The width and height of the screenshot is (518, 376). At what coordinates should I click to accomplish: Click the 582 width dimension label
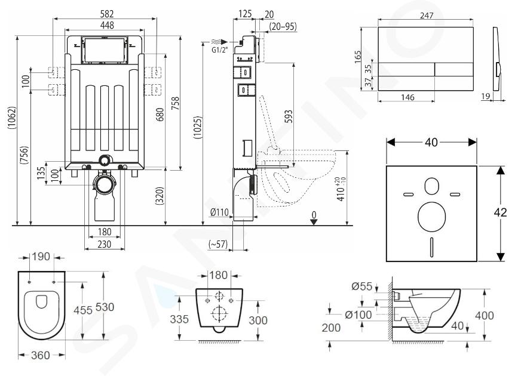(107, 14)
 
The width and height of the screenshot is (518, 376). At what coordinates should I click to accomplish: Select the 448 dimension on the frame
(107, 25)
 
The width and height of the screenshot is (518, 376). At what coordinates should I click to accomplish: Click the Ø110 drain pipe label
(220, 212)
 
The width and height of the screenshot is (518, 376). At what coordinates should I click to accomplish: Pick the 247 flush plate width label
(427, 16)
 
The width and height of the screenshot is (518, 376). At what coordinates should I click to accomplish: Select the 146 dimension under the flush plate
(407, 97)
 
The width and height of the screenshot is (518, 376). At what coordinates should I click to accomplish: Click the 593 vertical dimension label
(289, 116)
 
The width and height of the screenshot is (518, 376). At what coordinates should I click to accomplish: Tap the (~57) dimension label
(218, 244)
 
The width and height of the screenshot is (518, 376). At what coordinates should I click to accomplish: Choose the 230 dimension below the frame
(105, 245)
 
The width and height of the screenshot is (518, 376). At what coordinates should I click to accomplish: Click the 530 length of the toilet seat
(105, 307)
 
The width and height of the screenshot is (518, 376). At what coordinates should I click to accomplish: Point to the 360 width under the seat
(40, 355)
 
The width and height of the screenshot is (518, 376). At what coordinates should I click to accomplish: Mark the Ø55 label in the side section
(361, 286)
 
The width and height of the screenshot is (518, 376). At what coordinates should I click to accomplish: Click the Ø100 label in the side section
(358, 315)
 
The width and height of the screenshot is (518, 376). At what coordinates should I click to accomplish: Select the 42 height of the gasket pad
(500, 212)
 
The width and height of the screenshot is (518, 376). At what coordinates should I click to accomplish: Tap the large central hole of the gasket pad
(431, 217)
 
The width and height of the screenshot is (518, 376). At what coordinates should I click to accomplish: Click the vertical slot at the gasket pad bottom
(431, 247)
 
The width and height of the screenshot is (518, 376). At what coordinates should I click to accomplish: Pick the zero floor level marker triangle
(314, 222)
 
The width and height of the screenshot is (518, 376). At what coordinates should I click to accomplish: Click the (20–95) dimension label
(283, 26)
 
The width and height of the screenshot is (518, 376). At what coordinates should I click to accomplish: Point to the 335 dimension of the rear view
(179, 319)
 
